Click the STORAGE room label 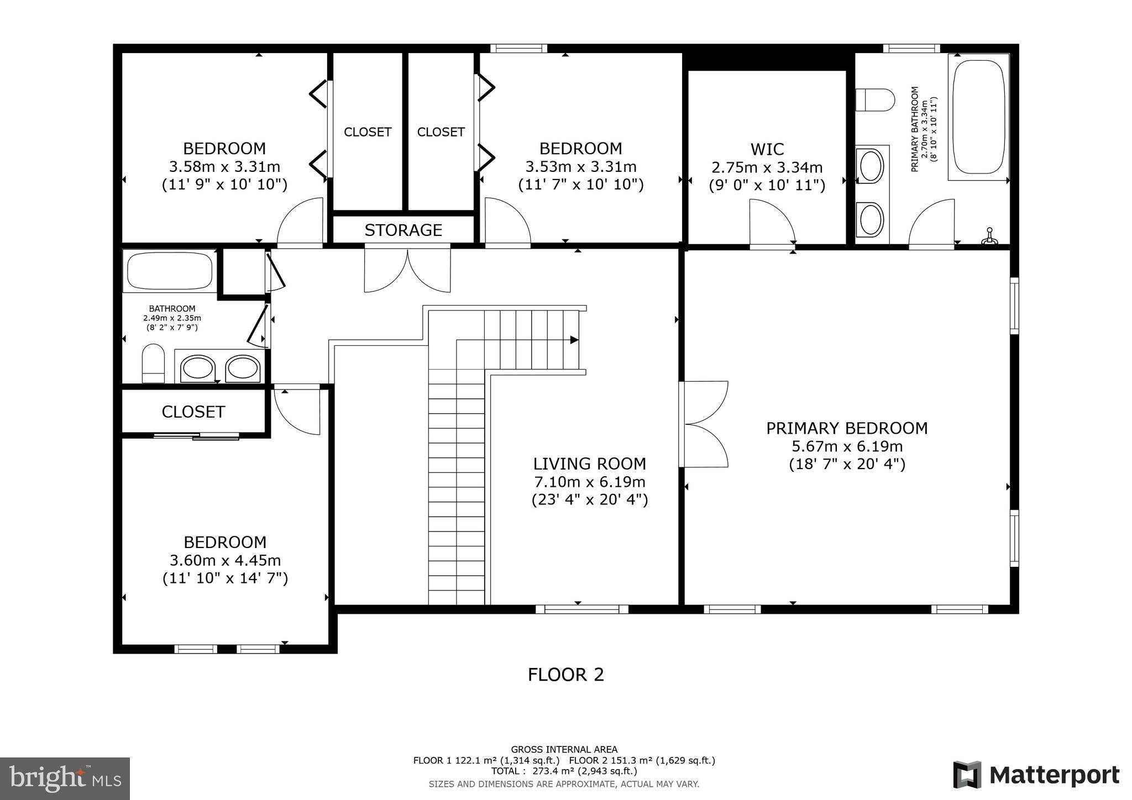(x=403, y=230)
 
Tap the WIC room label (x=767, y=149)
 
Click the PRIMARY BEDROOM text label (x=846, y=428)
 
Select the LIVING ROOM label (x=589, y=464)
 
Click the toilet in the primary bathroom (x=874, y=101)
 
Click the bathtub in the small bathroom (x=169, y=271)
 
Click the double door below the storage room (x=407, y=270)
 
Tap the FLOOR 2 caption (x=565, y=675)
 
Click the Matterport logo (x=1036, y=775)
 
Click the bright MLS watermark (x=65, y=778)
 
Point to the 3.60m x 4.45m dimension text (x=225, y=560)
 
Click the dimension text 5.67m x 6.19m (x=847, y=446)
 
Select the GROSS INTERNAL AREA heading (x=564, y=750)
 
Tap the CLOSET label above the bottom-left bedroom (x=193, y=412)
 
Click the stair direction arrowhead (x=574, y=340)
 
